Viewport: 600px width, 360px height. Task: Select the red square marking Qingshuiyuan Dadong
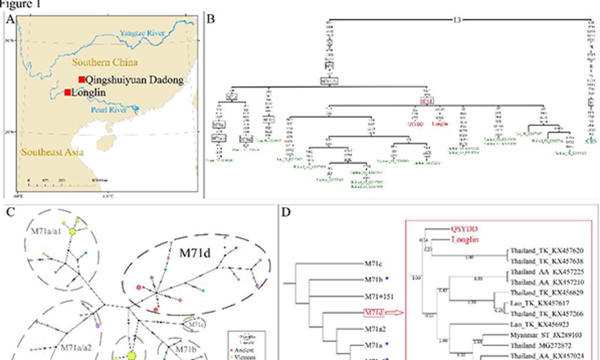point(81,79)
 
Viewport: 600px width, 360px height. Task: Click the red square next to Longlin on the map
point(66,92)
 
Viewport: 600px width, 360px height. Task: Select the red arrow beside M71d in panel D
point(398,313)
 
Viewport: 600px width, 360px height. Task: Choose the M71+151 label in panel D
point(381,296)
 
